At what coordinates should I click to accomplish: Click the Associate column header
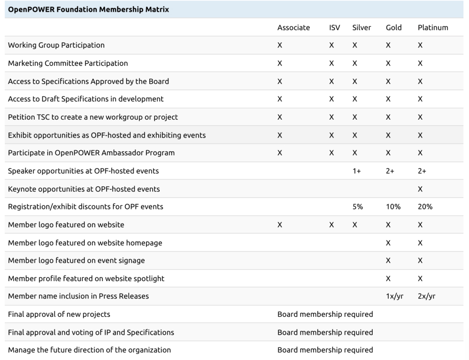pos(293,27)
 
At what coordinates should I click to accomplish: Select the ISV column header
pos(335,27)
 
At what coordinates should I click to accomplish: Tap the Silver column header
pos(361,27)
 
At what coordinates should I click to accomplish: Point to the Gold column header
pos(393,27)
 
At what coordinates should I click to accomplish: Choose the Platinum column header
pos(433,27)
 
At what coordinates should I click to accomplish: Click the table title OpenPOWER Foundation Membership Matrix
pos(89,9)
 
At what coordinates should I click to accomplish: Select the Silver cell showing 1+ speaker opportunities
pos(356,171)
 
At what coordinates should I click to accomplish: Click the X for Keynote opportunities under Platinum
pos(420,189)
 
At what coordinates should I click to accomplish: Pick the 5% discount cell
pos(357,207)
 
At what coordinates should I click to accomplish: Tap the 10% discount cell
pos(393,207)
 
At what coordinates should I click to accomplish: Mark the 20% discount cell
pos(425,207)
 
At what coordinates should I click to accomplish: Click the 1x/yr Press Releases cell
pos(394,296)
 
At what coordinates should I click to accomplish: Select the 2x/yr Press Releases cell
pos(427,296)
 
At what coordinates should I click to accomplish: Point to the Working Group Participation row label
pos(56,45)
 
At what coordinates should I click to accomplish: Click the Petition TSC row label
pos(93,117)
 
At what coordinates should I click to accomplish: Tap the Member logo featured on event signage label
pos(77,260)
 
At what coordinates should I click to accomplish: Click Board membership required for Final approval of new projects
pos(325,314)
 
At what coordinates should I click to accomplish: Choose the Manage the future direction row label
pos(89,350)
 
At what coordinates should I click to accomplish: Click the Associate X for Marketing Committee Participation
pos(280,63)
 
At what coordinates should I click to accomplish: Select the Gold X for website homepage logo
pos(388,243)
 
